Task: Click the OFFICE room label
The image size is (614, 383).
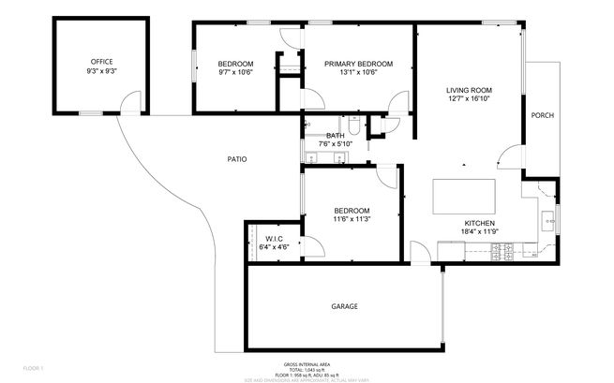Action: (x=100, y=62)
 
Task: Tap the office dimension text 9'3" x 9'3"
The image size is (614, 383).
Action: (x=100, y=71)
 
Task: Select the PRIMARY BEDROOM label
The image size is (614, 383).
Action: (x=358, y=64)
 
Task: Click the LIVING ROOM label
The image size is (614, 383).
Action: (x=470, y=90)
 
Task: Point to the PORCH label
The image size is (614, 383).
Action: (x=542, y=115)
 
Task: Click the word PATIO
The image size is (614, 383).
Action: (x=237, y=159)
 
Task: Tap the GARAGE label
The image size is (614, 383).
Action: (x=344, y=306)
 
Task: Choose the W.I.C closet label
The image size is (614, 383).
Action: (x=274, y=239)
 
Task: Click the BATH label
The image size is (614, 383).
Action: (x=335, y=136)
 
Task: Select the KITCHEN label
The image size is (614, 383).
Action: (x=479, y=223)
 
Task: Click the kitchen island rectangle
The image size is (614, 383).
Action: (x=463, y=198)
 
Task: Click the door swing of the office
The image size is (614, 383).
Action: (x=132, y=102)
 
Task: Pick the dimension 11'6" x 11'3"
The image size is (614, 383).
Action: (x=352, y=220)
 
